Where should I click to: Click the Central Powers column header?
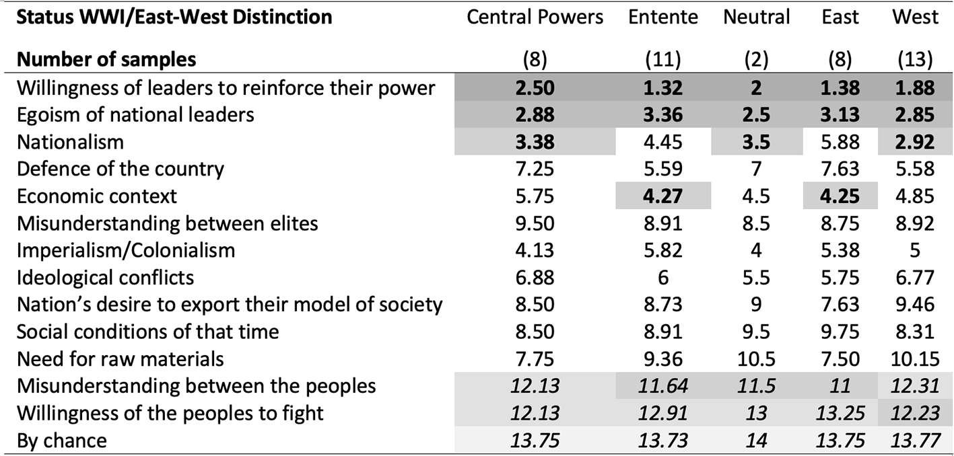(535, 17)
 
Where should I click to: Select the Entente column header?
(663, 17)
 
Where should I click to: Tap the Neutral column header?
(756, 17)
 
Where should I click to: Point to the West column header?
(915, 17)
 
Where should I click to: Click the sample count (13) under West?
(915, 60)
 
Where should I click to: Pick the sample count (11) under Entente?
(663, 60)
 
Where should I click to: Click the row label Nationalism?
(70, 142)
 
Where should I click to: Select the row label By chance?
(62, 441)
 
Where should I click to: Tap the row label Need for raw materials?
(120, 359)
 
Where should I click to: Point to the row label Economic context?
(97, 196)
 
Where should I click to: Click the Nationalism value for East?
(840, 142)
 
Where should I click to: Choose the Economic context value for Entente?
(663, 196)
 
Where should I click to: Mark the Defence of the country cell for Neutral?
(756, 169)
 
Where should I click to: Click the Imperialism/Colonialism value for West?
(915, 251)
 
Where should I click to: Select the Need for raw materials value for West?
(915, 359)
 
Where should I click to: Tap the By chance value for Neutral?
(756, 441)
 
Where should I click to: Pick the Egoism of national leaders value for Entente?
(663, 115)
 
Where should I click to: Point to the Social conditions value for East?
(840, 332)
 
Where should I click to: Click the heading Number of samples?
(106, 60)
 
